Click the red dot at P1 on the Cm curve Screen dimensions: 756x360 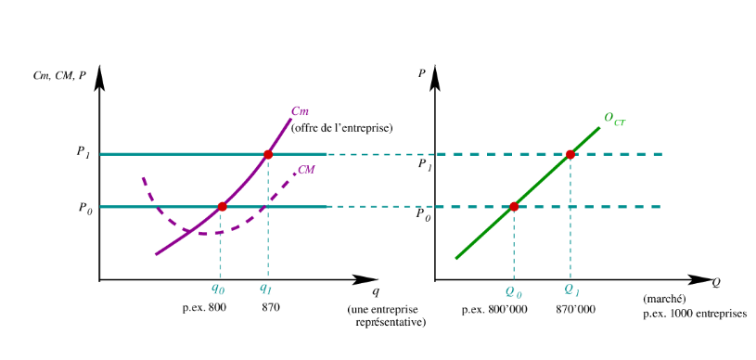[268, 154]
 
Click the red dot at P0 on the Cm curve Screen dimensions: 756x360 [222, 207]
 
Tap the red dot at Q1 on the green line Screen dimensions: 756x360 [570, 154]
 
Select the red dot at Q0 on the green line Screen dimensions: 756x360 [514, 207]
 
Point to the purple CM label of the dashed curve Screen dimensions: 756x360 [307, 170]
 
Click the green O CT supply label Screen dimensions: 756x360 [615, 119]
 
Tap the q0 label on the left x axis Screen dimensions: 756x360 [218, 289]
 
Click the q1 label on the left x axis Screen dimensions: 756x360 [265, 289]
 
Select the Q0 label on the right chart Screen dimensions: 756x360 [514, 291]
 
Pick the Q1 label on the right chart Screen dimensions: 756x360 [570, 290]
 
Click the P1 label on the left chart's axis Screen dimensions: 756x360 [83, 152]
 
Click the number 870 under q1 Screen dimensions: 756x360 [271, 307]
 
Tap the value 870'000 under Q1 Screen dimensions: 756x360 [576, 309]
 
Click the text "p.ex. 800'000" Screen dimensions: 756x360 [494, 309]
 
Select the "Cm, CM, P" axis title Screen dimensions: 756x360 [59, 77]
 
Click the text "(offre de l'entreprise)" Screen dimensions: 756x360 [342, 129]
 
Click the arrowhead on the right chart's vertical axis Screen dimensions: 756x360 [435, 77]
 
